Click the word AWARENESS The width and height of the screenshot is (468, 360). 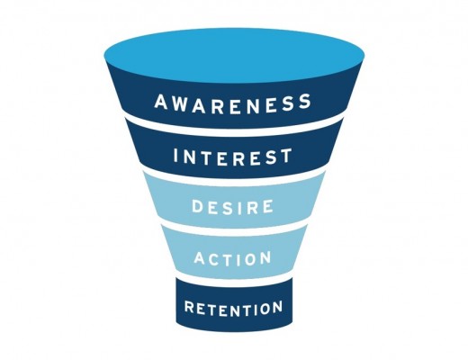[x=233, y=103]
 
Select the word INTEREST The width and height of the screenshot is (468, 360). [x=232, y=157]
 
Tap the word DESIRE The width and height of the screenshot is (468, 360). [x=233, y=206]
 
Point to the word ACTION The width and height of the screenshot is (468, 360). [x=233, y=258]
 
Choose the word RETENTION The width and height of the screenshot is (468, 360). [x=233, y=309]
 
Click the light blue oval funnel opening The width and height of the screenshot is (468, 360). [x=234, y=55]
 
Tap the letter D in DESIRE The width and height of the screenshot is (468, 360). [x=197, y=205]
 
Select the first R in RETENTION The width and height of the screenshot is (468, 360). [x=189, y=307]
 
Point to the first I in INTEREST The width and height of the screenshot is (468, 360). [x=176, y=155]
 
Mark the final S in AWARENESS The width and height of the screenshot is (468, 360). [x=304, y=101]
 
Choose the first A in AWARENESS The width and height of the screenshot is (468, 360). [x=161, y=102]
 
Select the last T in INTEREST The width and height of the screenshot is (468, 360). [x=285, y=155]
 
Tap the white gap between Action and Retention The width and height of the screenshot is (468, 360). [x=234, y=278]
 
